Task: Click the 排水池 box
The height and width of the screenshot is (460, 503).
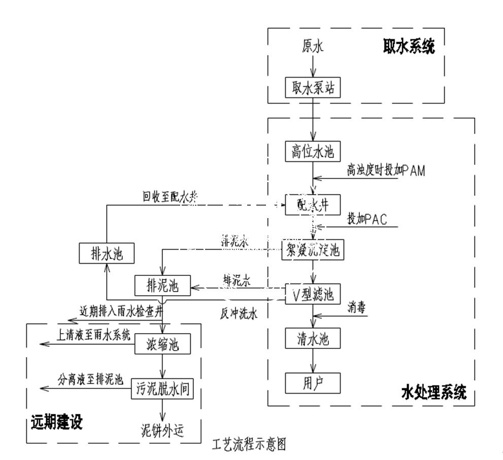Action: tap(106, 253)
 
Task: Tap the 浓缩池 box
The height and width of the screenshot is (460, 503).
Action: tap(161, 345)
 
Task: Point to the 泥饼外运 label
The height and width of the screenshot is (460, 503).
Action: tap(161, 431)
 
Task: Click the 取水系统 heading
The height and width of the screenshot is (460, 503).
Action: tap(409, 46)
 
